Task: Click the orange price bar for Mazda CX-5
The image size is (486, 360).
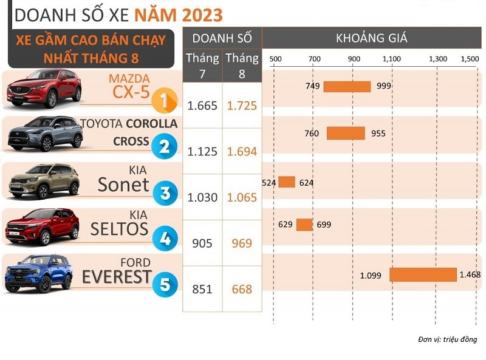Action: pos(347,86)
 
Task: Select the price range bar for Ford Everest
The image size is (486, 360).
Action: pos(423,275)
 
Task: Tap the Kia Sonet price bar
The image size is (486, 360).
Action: pos(287,182)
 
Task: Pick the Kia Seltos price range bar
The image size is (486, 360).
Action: pos(304,225)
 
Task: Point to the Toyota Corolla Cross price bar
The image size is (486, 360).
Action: pos(346,134)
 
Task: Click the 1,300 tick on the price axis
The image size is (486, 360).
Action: pos(437,59)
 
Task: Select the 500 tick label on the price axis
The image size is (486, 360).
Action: pos(275,59)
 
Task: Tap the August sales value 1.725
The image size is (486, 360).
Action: pos(242,106)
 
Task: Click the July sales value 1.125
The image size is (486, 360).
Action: pos(202,152)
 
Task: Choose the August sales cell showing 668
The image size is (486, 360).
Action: pos(242,290)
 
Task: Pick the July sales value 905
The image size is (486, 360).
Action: pos(202,243)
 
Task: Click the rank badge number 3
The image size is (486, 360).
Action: pos(165,194)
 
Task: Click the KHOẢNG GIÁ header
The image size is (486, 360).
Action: pos(372,38)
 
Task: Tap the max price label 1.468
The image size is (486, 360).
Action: pos(470,274)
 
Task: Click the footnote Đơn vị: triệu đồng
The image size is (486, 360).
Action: pos(448,339)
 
